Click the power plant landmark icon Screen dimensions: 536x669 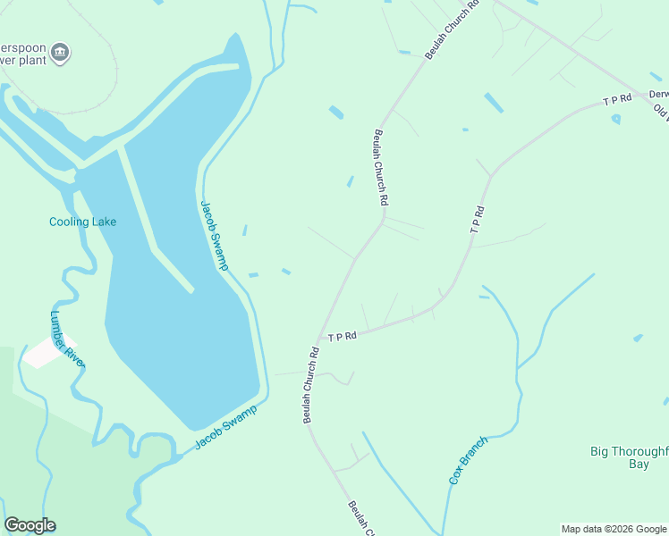tap(60, 53)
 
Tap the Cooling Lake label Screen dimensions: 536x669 tap(82, 222)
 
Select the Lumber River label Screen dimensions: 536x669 tap(66, 339)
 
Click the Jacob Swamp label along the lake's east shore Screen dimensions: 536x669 tap(214, 234)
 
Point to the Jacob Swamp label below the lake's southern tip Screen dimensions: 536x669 tap(226, 428)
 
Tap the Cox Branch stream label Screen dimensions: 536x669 tap(468, 460)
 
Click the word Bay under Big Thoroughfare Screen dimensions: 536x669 tap(639, 465)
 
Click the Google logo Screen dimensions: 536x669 tap(30, 525)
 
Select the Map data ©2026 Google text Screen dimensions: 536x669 tap(614, 529)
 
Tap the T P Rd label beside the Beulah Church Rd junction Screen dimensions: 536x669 tap(342, 336)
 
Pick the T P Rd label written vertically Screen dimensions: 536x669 tap(478, 220)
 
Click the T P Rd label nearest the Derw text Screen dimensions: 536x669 tap(617, 101)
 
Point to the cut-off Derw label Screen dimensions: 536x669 tap(658, 94)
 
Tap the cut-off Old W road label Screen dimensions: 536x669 tap(662, 112)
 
